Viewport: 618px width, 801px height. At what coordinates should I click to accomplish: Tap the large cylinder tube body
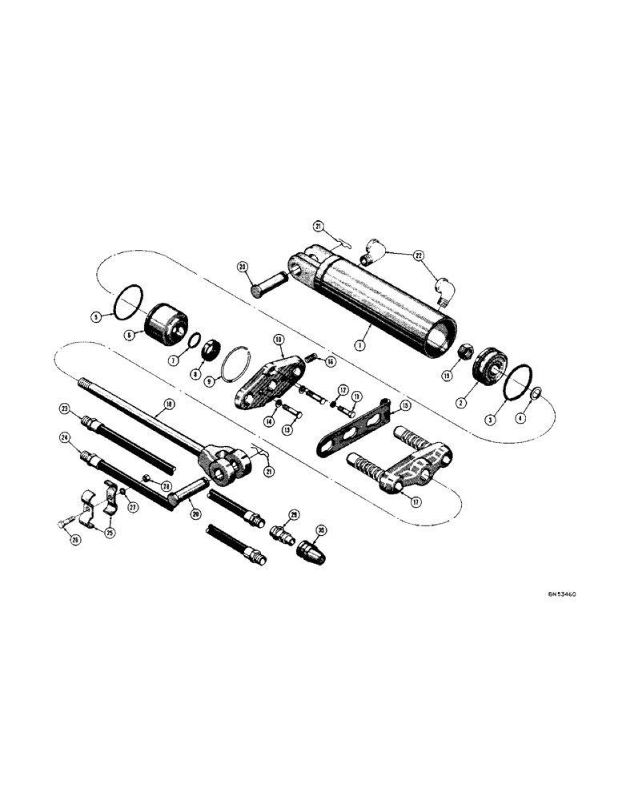point(384,300)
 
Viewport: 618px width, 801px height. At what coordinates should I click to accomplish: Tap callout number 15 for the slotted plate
point(405,407)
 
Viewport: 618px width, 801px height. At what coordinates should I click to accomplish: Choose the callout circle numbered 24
point(65,437)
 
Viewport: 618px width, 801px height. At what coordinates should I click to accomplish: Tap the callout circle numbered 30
point(321,530)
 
